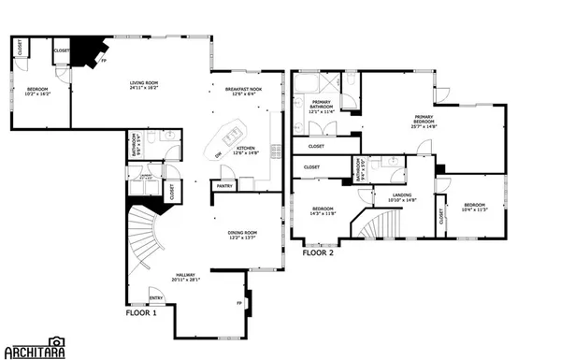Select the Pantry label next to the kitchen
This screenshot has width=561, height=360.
click(224, 186)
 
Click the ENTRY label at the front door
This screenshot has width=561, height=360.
click(155, 298)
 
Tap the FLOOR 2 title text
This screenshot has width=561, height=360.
click(318, 252)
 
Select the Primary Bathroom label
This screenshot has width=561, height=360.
click(321, 105)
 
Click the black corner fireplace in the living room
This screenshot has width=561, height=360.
click(89, 50)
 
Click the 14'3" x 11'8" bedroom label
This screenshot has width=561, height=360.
click(323, 211)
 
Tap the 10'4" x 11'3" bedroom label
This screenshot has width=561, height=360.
click(474, 208)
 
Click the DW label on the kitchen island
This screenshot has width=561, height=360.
click(218, 154)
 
